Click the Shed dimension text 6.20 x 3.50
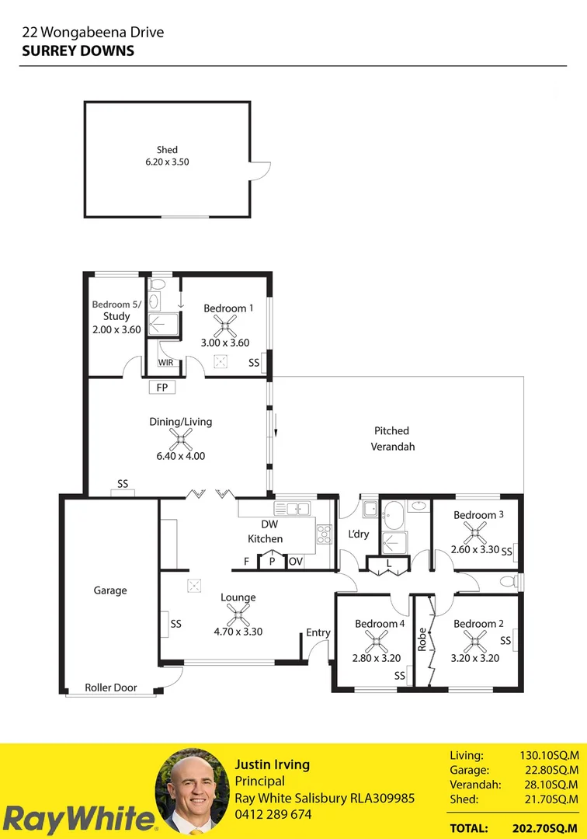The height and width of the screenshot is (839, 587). pos(167,162)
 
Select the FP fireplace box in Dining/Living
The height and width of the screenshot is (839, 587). pos(162,388)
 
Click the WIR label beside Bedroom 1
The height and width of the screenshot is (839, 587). pos(166,363)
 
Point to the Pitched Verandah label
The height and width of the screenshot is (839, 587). pos(392,438)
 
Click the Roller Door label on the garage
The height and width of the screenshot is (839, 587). pos(111,688)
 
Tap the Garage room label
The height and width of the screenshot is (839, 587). pos(110,590)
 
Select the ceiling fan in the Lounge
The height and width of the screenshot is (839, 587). pos(238,615)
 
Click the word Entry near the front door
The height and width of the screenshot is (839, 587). pos(318,632)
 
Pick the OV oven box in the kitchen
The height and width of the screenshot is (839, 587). pos(296,561)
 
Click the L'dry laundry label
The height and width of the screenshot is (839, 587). pos(359,534)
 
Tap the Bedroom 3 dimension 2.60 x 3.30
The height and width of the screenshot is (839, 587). pos(474,550)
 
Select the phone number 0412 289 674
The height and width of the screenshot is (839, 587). pos(273,814)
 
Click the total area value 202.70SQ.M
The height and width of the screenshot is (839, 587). pos(548,829)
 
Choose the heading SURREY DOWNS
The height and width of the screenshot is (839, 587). pos(78,50)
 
